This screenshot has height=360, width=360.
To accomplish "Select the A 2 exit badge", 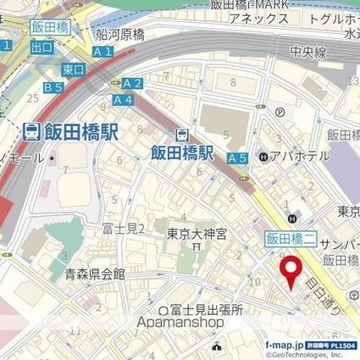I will tap(132, 83).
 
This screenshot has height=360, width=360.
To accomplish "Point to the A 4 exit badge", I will tap(122, 98).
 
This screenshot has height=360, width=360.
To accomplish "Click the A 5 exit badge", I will tap(237, 157).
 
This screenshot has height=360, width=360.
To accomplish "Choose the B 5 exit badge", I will tap(53, 87).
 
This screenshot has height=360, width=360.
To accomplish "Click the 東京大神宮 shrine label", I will tap(196, 234).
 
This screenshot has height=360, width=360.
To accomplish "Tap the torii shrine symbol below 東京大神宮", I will tap(197, 248).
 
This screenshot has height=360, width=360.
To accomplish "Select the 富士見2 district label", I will tap(124, 228).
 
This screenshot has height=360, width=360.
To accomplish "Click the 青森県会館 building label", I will tap(95, 274).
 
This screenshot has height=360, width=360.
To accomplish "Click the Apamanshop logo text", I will tap(180, 323).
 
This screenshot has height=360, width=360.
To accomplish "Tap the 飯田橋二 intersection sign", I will tap(290, 239).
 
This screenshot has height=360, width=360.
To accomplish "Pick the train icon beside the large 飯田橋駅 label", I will tap(30, 131).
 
